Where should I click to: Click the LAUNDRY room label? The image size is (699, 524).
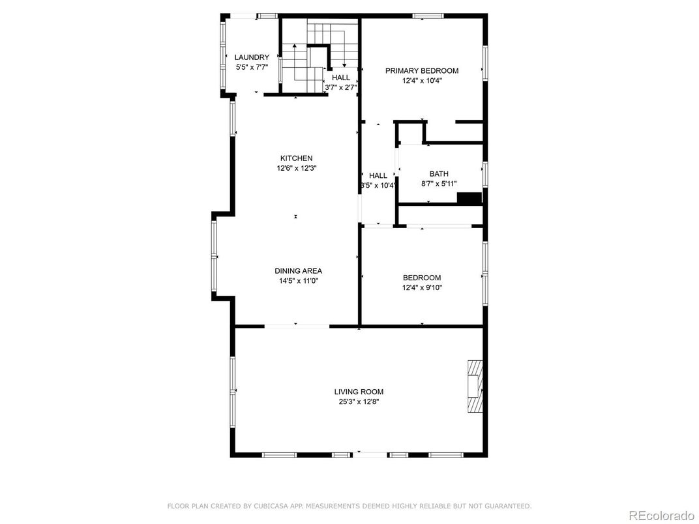(252, 57)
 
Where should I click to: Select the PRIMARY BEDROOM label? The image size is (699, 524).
(421, 71)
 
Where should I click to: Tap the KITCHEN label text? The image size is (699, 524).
(296, 158)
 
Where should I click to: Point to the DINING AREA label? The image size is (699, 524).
(298, 271)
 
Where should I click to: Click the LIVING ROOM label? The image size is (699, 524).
(359, 392)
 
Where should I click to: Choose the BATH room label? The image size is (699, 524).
(439, 174)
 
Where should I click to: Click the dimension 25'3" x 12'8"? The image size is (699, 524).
(359, 401)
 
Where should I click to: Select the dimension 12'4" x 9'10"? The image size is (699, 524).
(422, 287)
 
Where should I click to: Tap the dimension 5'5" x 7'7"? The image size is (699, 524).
(252, 67)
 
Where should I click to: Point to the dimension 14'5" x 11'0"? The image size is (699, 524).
(298, 281)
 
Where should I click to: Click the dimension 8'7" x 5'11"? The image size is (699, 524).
(439, 184)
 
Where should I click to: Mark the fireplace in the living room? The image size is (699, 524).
(475, 386)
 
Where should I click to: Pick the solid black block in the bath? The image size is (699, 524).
(469, 199)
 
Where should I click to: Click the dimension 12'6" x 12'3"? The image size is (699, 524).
(296, 168)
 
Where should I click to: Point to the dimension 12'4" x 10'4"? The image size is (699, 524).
(421, 81)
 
